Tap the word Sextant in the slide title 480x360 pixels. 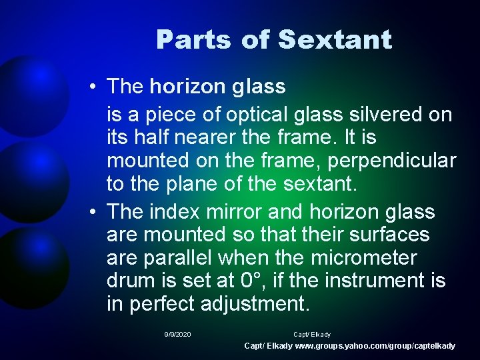click(335, 40)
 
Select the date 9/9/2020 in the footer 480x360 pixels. click(177, 334)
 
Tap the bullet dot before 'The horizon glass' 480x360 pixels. click(97, 87)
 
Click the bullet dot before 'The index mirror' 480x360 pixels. click(97, 213)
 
